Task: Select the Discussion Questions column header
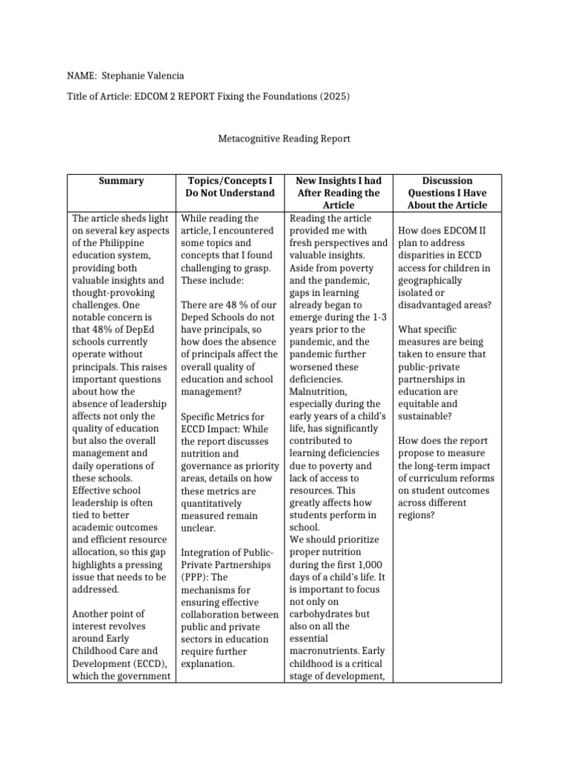(447, 193)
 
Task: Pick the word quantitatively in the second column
(215, 503)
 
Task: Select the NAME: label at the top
(83, 76)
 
